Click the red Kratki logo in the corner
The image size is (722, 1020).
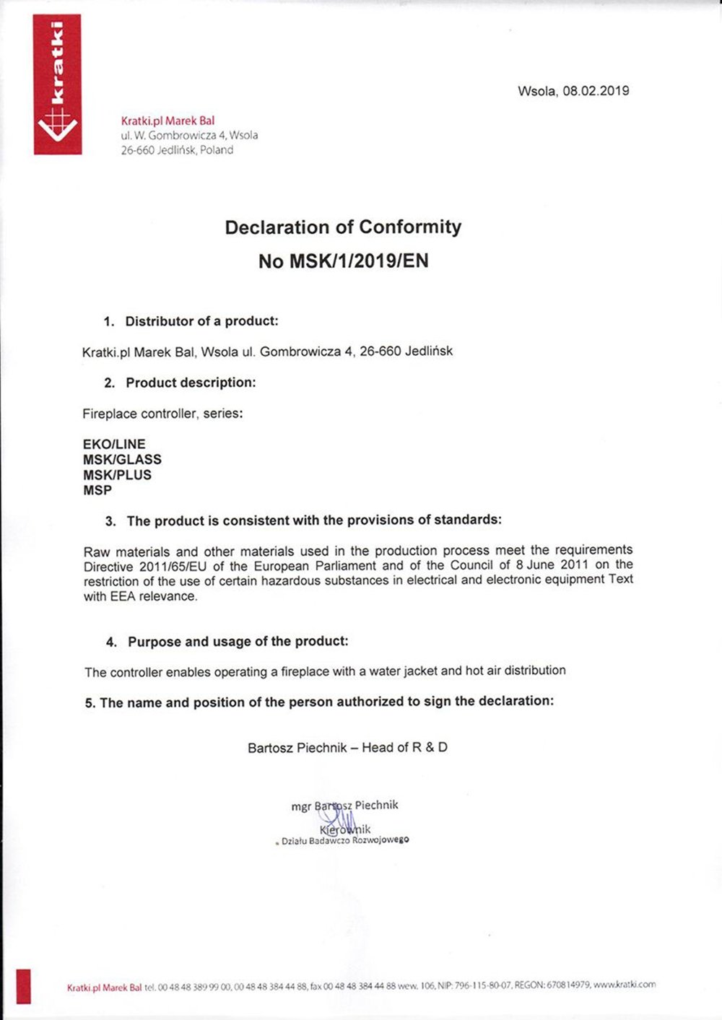click(x=57, y=84)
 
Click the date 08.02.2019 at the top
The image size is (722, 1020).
click(x=596, y=91)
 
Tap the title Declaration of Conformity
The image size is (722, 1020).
click(x=343, y=227)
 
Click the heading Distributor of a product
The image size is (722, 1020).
click(x=201, y=321)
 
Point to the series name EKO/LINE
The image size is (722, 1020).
click(x=114, y=444)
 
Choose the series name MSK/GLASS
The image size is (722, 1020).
click(x=122, y=459)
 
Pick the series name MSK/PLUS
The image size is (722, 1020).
click(x=117, y=475)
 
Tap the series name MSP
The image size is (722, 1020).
click(x=97, y=490)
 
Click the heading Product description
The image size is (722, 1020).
click(x=191, y=383)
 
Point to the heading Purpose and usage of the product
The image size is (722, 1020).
click(x=238, y=642)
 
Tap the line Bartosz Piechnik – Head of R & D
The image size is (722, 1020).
click(x=347, y=748)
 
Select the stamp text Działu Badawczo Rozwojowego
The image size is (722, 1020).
click(x=345, y=840)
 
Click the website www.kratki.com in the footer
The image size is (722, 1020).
click(x=625, y=984)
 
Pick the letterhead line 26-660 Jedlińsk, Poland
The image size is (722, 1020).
click(x=177, y=150)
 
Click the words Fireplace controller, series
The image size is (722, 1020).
click(x=162, y=414)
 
